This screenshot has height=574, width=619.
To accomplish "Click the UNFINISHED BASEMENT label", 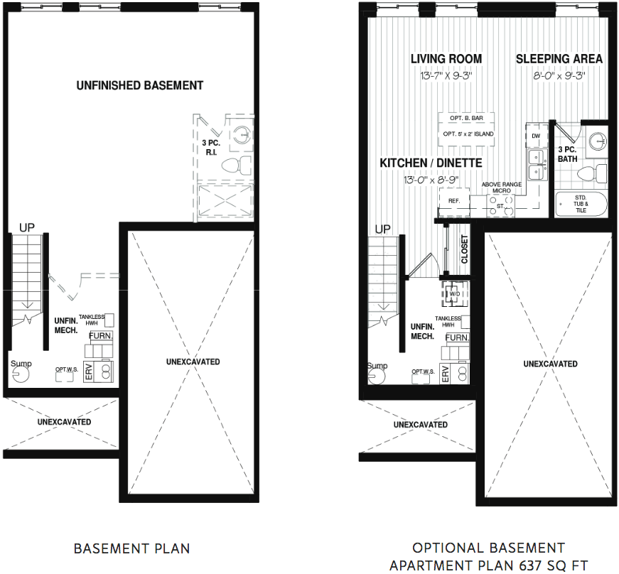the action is pyautogui.click(x=140, y=85).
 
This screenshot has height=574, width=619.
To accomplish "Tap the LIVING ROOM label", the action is pyautogui.click(x=446, y=59).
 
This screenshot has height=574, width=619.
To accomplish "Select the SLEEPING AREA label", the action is pyautogui.click(x=559, y=59).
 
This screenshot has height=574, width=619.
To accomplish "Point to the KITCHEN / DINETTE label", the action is pyautogui.click(x=431, y=163).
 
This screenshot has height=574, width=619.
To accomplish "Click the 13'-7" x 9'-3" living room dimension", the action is pyautogui.click(x=446, y=75).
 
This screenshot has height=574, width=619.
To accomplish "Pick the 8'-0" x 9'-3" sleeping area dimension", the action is pyautogui.click(x=559, y=75).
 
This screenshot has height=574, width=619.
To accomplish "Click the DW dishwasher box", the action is pyautogui.click(x=536, y=136).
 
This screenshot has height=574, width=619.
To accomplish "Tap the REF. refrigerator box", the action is pyautogui.click(x=454, y=201).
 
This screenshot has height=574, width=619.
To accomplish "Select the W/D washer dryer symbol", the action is pyautogui.click(x=454, y=294).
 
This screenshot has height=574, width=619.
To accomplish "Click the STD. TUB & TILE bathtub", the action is pyautogui.click(x=581, y=204).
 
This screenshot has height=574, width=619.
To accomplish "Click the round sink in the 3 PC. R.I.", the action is pyautogui.click(x=242, y=135).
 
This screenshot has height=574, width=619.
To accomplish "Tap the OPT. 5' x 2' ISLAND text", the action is pyautogui.click(x=468, y=134).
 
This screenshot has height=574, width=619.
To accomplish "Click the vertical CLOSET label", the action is pyautogui.click(x=464, y=249).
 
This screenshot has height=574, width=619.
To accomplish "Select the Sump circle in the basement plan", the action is pyautogui.click(x=21, y=374).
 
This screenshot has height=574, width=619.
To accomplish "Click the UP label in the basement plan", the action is pyautogui.click(x=27, y=227).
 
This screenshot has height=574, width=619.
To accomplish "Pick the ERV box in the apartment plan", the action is pyautogui.click(x=446, y=373).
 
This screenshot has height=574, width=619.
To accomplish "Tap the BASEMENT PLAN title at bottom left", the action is pyautogui.click(x=132, y=548).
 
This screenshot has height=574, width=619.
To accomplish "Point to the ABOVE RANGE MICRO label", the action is pyautogui.click(x=501, y=188).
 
